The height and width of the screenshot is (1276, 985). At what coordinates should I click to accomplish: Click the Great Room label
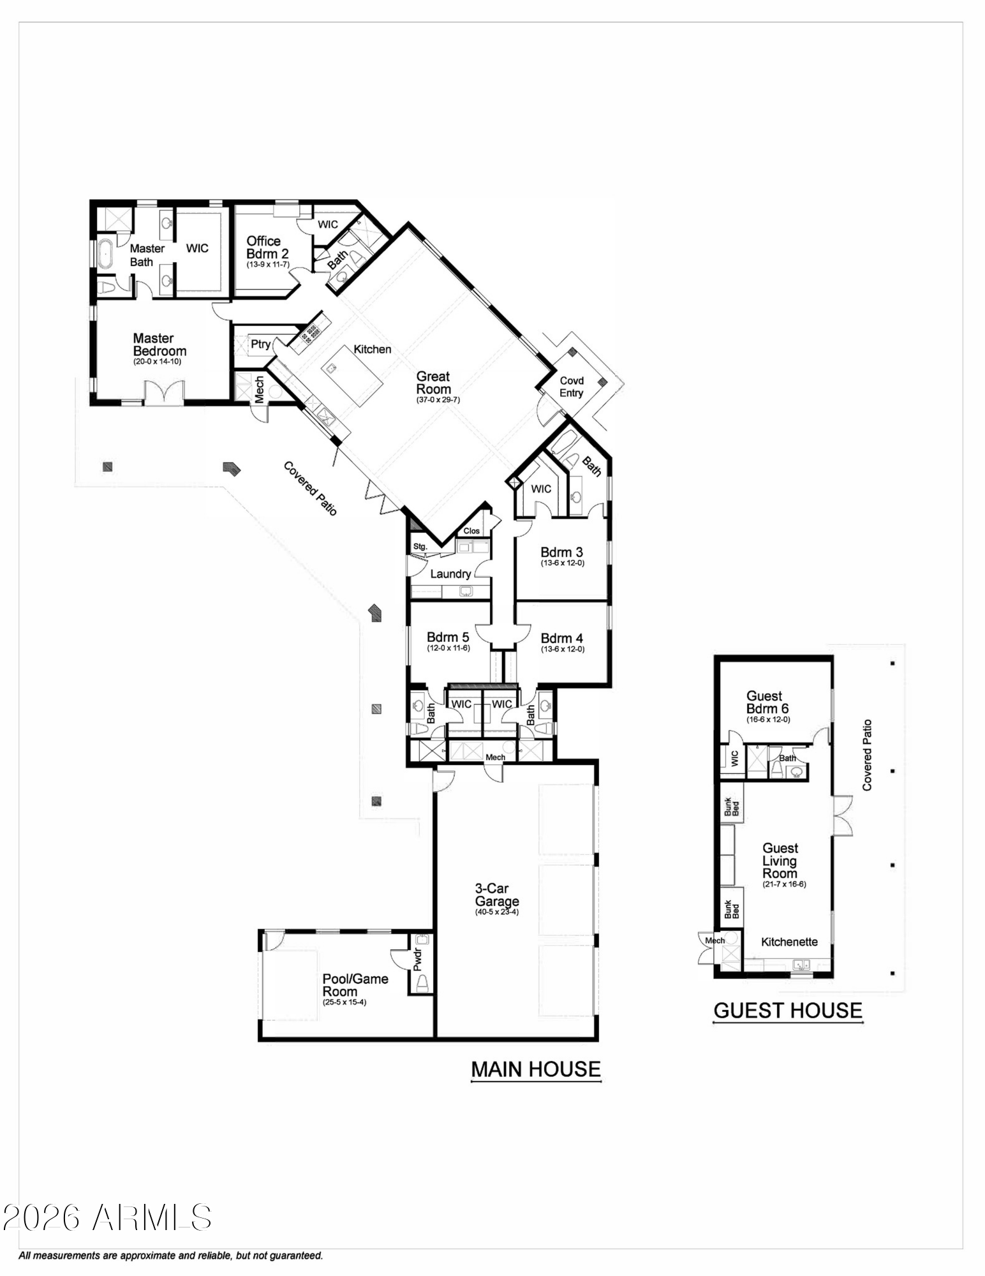(433, 383)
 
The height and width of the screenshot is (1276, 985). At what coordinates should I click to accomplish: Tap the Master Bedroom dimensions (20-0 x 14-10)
(157, 362)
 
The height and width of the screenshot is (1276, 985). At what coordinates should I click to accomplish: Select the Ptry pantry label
(260, 345)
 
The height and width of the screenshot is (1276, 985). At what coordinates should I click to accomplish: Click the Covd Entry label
(572, 387)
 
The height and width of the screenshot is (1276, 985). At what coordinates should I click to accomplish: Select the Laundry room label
(450, 574)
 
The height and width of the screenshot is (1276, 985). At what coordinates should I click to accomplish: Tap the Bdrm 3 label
(561, 552)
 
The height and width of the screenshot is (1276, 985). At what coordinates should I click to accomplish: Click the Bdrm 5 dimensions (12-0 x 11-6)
(448, 648)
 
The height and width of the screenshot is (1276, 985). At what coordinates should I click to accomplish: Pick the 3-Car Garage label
(496, 895)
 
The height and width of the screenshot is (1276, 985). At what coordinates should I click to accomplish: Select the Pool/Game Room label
(355, 985)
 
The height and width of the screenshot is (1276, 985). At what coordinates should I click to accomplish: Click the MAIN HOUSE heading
(536, 1069)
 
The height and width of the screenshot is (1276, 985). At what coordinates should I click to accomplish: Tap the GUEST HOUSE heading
(788, 1010)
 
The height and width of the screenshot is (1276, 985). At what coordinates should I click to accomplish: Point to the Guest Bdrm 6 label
(767, 702)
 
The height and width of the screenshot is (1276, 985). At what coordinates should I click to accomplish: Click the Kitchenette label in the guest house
(789, 942)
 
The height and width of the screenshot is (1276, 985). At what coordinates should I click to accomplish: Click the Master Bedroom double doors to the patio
(165, 392)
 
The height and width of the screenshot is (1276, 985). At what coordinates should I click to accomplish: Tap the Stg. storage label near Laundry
(420, 547)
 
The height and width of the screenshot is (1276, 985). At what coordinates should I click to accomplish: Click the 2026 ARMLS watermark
(107, 1217)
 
